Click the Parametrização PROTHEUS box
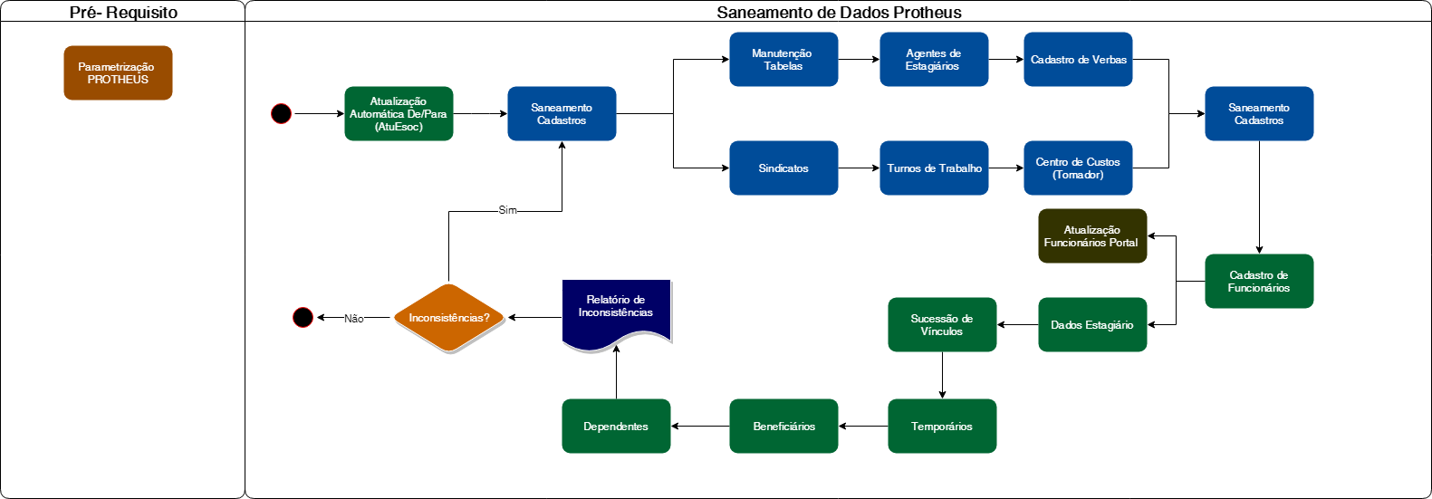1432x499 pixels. (x=118, y=72)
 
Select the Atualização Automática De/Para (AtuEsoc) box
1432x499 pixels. (x=399, y=114)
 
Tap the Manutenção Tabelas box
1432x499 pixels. (x=783, y=60)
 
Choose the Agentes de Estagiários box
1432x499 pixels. (x=934, y=60)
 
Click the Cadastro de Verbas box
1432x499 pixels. (x=1078, y=60)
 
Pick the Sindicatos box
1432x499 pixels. (x=783, y=168)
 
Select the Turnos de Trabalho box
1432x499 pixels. (x=934, y=168)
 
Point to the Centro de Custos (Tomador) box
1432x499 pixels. (x=1078, y=168)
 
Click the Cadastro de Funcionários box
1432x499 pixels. (x=1259, y=282)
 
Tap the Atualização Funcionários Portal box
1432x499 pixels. (x=1092, y=236)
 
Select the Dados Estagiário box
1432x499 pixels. (x=1092, y=325)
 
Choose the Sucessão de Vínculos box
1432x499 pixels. (x=942, y=325)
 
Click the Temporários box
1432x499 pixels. (x=942, y=427)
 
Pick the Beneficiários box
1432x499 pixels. (x=783, y=427)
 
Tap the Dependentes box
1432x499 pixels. (x=616, y=427)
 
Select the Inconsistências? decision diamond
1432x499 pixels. (x=448, y=318)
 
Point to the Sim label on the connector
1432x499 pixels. (x=507, y=210)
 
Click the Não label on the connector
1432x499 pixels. (x=354, y=319)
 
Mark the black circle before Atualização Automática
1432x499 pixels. (x=282, y=114)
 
